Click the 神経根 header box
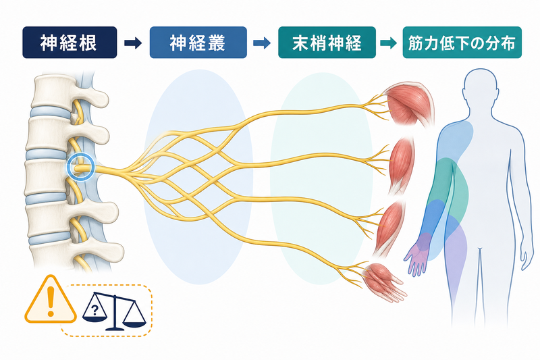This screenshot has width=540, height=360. point(70,43)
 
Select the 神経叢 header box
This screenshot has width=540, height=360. point(198,43)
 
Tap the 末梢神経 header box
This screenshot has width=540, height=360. point(327,43)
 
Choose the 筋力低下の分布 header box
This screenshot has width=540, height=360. point(462,43)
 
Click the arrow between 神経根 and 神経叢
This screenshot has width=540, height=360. point(133,43)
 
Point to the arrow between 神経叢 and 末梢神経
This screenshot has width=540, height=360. point(262,43)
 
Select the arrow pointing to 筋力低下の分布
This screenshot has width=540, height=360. point(389,43)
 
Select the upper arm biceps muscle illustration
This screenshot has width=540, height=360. point(401,165)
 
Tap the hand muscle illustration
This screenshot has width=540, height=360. point(384,281)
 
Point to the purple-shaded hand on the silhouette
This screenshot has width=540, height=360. point(418,253)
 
